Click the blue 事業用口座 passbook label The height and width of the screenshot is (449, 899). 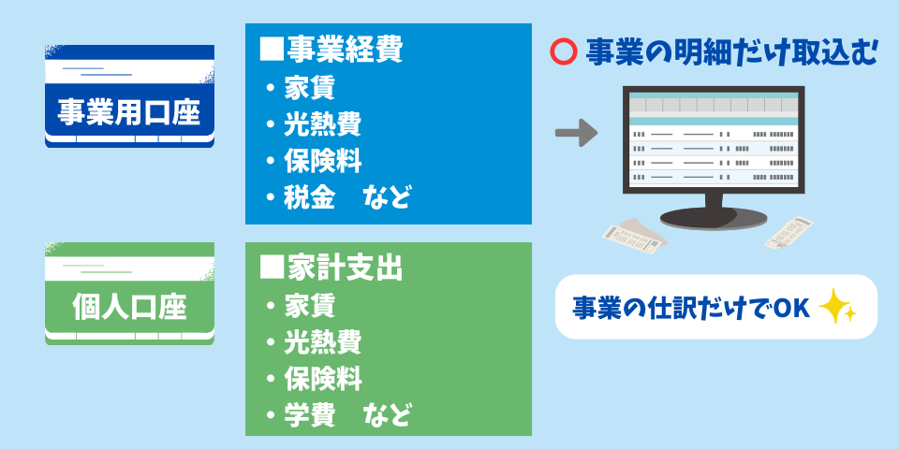pyautogui.click(x=129, y=112)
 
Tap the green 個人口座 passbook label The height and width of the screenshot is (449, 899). pyautogui.click(x=129, y=306)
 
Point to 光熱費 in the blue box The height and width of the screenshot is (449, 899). pyautogui.click(x=322, y=123)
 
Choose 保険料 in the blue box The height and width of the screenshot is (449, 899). pyautogui.click(x=322, y=160)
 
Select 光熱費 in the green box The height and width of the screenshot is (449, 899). pyautogui.click(x=322, y=342)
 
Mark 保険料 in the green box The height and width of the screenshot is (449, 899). pyautogui.click(x=322, y=379)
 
